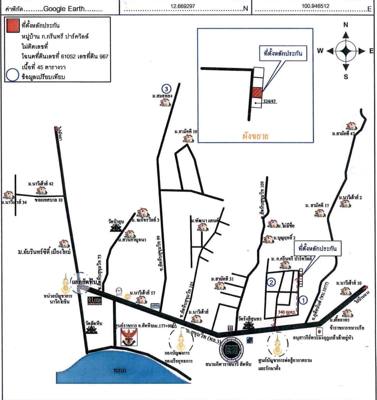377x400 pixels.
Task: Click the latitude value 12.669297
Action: (x=183, y=6)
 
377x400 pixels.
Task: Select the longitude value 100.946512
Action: (x=315, y=6)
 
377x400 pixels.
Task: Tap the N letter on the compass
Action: (x=346, y=25)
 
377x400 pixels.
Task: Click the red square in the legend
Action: (x=13, y=26)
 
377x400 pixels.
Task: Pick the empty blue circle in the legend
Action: (x=13, y=75)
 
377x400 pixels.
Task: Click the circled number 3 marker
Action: (x=166, y=89)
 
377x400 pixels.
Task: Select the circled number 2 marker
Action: (x=271, y=282)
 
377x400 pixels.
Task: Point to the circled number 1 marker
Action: (x=304, y=300)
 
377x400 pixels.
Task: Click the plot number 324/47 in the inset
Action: (x=269, y=101)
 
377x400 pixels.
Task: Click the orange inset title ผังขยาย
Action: (x=256, y=136)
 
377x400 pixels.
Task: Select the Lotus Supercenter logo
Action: (x=95, y=301)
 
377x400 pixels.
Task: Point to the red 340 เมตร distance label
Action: (x=286, y=312)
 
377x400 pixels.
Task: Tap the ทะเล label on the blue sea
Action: (x=120, y=371)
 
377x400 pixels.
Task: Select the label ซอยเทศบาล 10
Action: (x=49, y=200)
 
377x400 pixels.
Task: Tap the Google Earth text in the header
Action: (x=64, y=9)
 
